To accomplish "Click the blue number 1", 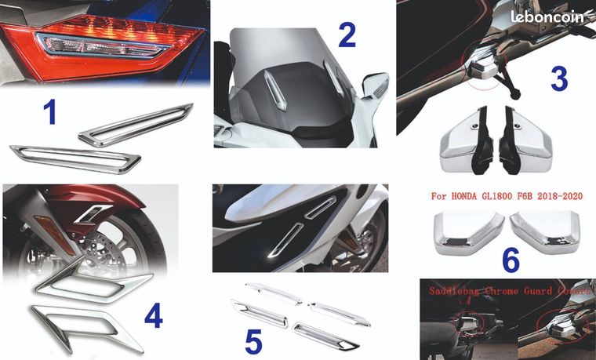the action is pyautogui.click(x=49, y=111).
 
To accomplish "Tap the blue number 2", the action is pyautogui.click(x=347, y=35).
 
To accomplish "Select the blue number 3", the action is pyautogui.click(x=559, y=79).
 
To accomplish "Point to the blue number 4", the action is pyautogui.click(x=154, y=315).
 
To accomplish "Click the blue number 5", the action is pyautogui.click(x=253, y=342).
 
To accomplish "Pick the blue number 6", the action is pyautogui.click(x=511, y=260).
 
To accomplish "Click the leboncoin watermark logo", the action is pyautogui.click(x=547, y=16).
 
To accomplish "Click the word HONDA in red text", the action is pyautogui.click(x=463, y=196).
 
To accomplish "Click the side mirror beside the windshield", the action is pyautogui.click(x=375, y=86).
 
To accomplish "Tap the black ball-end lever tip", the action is pyautogui.click(x=514, y=94).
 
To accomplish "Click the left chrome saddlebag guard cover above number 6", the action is pyautogui.click(x=469, y=233).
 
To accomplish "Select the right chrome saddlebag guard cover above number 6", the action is pyautogui.click(x=545, y=232).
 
